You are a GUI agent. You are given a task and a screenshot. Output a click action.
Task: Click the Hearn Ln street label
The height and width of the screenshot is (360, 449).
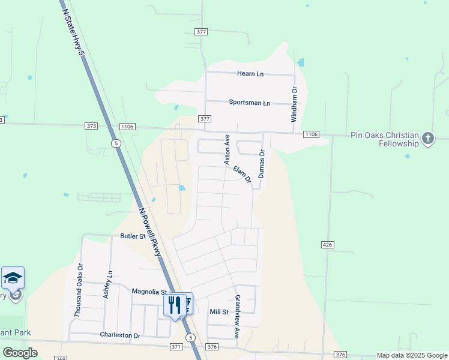[x=250, y=74]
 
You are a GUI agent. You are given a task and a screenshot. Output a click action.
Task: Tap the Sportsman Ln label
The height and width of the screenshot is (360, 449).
[x=249, y=103]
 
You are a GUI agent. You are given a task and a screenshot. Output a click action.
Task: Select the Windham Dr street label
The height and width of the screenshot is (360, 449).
[x=294, y=104]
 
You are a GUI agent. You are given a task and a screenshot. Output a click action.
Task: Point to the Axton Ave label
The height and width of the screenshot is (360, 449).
[x=228, y=149]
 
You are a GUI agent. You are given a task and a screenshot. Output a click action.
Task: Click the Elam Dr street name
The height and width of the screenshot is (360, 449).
[x=241, y=174]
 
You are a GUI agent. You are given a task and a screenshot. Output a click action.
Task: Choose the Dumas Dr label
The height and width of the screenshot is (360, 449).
[x=262, y=164]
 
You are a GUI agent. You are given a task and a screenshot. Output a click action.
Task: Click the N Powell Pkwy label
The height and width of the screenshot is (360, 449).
[x=149, y=232]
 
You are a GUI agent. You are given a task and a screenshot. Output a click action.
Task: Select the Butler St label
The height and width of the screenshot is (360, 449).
[x=133, y=236]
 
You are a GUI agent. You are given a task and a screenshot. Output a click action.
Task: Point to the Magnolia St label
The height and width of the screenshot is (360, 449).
[x=149, y=292]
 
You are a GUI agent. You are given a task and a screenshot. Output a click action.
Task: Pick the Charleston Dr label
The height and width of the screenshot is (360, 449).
[x=119, y=335]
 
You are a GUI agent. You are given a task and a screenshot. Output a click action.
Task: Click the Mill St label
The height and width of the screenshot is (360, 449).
[x=219, y=312]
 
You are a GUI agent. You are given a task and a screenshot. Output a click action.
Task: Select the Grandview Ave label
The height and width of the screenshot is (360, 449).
[x=237, y=316]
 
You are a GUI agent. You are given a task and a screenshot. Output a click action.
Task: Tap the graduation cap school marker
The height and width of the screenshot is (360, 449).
[x=13, y=278]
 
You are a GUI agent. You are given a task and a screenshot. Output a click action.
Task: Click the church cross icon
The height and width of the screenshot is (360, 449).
[x=427, y=139]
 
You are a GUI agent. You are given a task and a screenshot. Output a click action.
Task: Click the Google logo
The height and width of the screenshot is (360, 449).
[x=20, y=353]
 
